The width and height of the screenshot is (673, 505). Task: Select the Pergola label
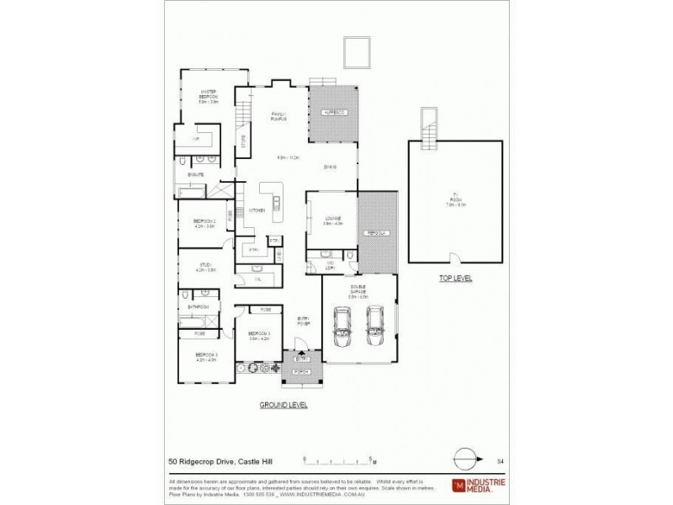point(373,231)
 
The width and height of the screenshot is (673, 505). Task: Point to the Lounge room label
point(330,220)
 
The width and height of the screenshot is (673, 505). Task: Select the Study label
point(204,267)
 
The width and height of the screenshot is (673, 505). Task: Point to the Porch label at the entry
point(302,371)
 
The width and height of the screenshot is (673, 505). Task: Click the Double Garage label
point(358,290)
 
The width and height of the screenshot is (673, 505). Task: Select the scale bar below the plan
point(338,460)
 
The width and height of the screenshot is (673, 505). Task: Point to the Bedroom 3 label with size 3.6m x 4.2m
point(257,335)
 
